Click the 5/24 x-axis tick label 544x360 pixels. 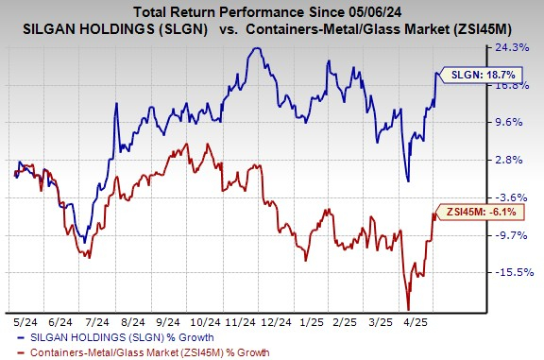(27, 320)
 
